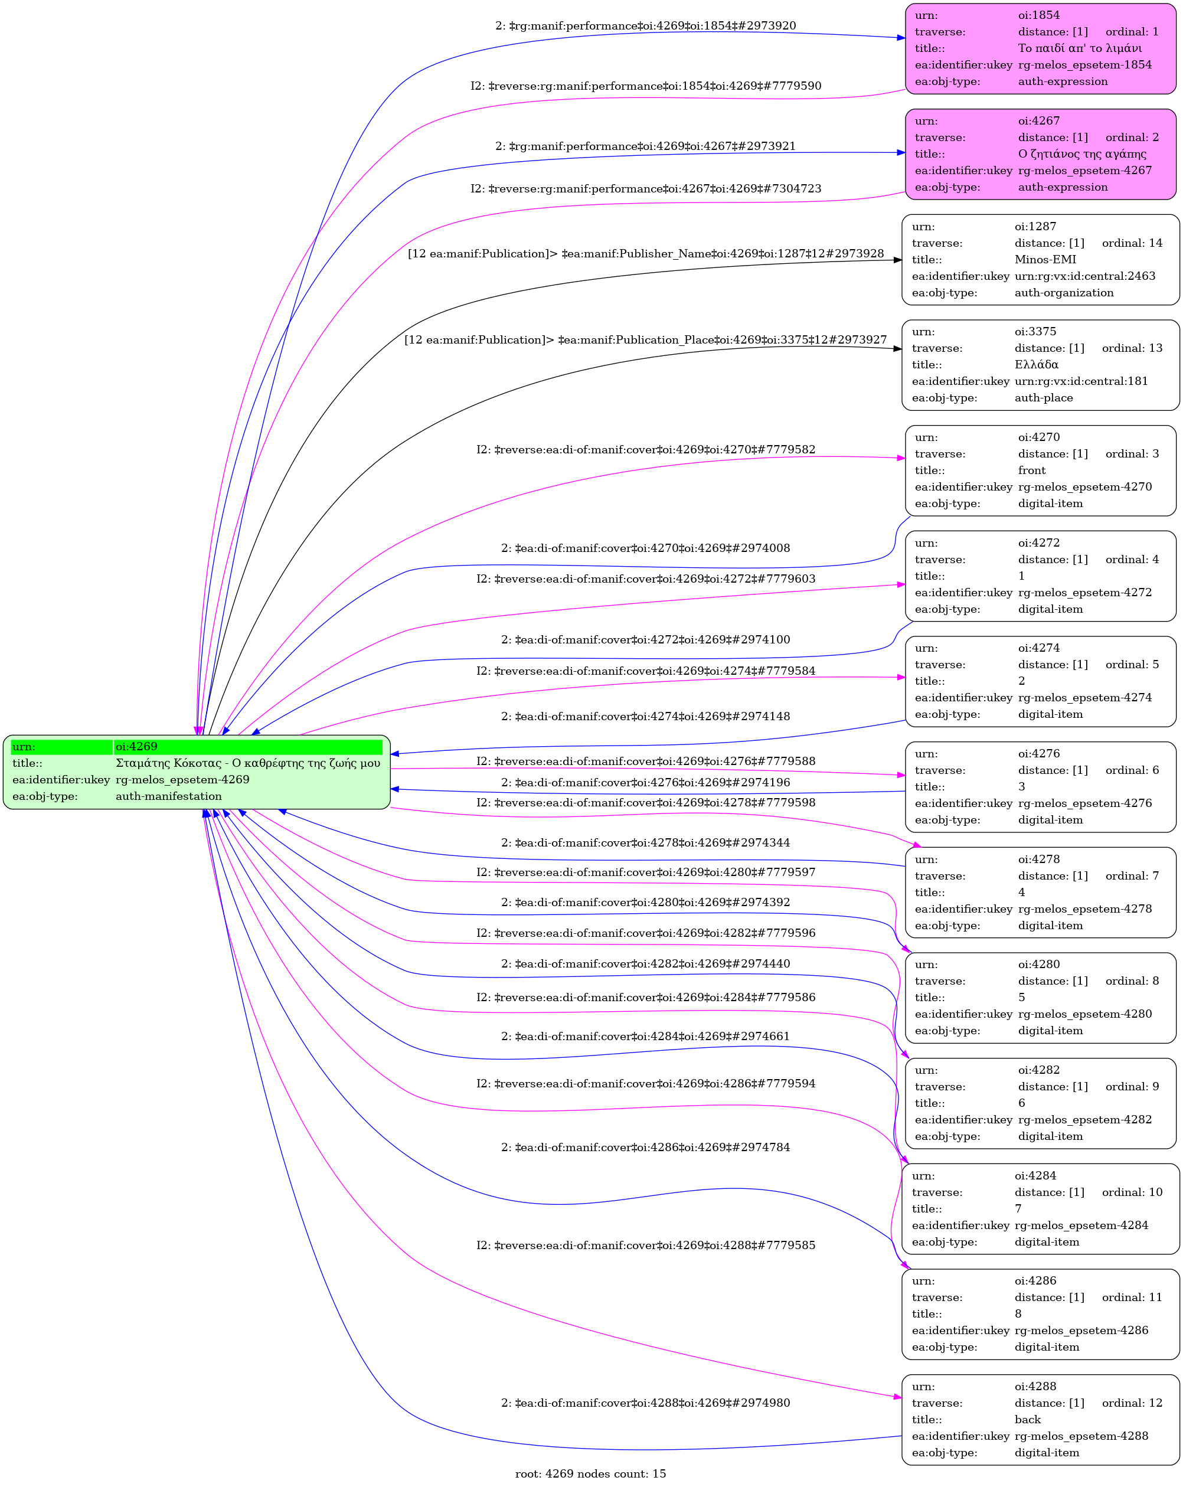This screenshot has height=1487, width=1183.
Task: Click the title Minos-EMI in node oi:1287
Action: (x=1044, y=259)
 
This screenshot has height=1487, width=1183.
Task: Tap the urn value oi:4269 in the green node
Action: (x=136, y=746)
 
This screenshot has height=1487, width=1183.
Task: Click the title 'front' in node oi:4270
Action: (x=1031, y=470)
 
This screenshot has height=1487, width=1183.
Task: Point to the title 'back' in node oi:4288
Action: (x=1027, y=1419)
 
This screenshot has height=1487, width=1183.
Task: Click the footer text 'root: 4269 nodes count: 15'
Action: (x=590, y=1474)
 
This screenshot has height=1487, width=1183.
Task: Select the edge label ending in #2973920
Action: (x=645, y=26)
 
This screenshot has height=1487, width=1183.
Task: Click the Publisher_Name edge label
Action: (x=645, y=254)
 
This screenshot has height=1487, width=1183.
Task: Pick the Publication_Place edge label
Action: (x=645, y=340)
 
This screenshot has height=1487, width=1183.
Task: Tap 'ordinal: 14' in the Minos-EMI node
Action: (x=1132, y=243)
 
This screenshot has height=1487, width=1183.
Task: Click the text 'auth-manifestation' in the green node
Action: (x=168, y=796)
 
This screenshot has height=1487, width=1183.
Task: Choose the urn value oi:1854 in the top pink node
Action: (x=1038, y=15)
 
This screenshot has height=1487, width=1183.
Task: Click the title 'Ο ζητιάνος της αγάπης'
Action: (x=1081, y=154)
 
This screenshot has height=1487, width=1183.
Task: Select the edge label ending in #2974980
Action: (x=645, y=1403)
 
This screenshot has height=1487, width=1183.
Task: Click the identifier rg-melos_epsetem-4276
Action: (x=1084, y=803)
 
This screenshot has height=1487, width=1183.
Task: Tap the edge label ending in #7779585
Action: (x=645, y=1246)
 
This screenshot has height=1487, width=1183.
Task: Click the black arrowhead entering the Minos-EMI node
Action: (x=897, y=260)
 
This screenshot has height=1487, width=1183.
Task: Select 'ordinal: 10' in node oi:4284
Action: (x=1132, y=1192)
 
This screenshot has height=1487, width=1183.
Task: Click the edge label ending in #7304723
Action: (x=645, y=189)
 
